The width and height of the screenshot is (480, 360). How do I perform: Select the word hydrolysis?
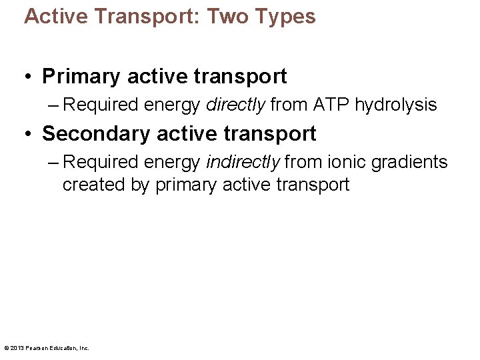(396, 105)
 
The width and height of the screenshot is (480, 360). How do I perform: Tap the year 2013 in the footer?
(17, 347)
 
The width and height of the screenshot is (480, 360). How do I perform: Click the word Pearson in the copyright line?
(35, 347)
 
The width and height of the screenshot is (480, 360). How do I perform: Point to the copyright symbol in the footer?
(6, 347)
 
